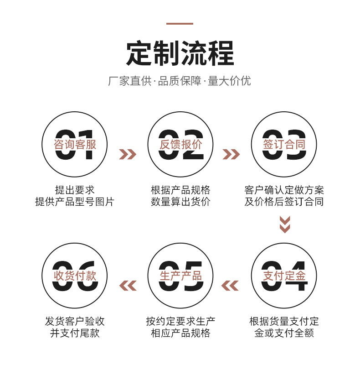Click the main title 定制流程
(180, 53)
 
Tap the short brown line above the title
(180, 24)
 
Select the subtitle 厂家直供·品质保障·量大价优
(180, 82)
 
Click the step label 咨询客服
(75, 145)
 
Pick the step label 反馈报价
(180, 145)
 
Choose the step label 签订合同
(284, 145)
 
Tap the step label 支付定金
(284, 276)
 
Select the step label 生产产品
(180, 276)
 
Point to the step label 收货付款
(75, 276)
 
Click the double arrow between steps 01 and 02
(128, 154)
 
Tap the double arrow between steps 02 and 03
(231, 154)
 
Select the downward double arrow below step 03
(285, 224)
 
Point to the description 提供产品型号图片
(75, 202)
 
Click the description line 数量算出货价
(180, 202)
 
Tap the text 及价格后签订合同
(284, 202)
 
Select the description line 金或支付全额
(284, 333)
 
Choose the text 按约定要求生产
(180, 321)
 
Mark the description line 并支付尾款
(75, 333)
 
